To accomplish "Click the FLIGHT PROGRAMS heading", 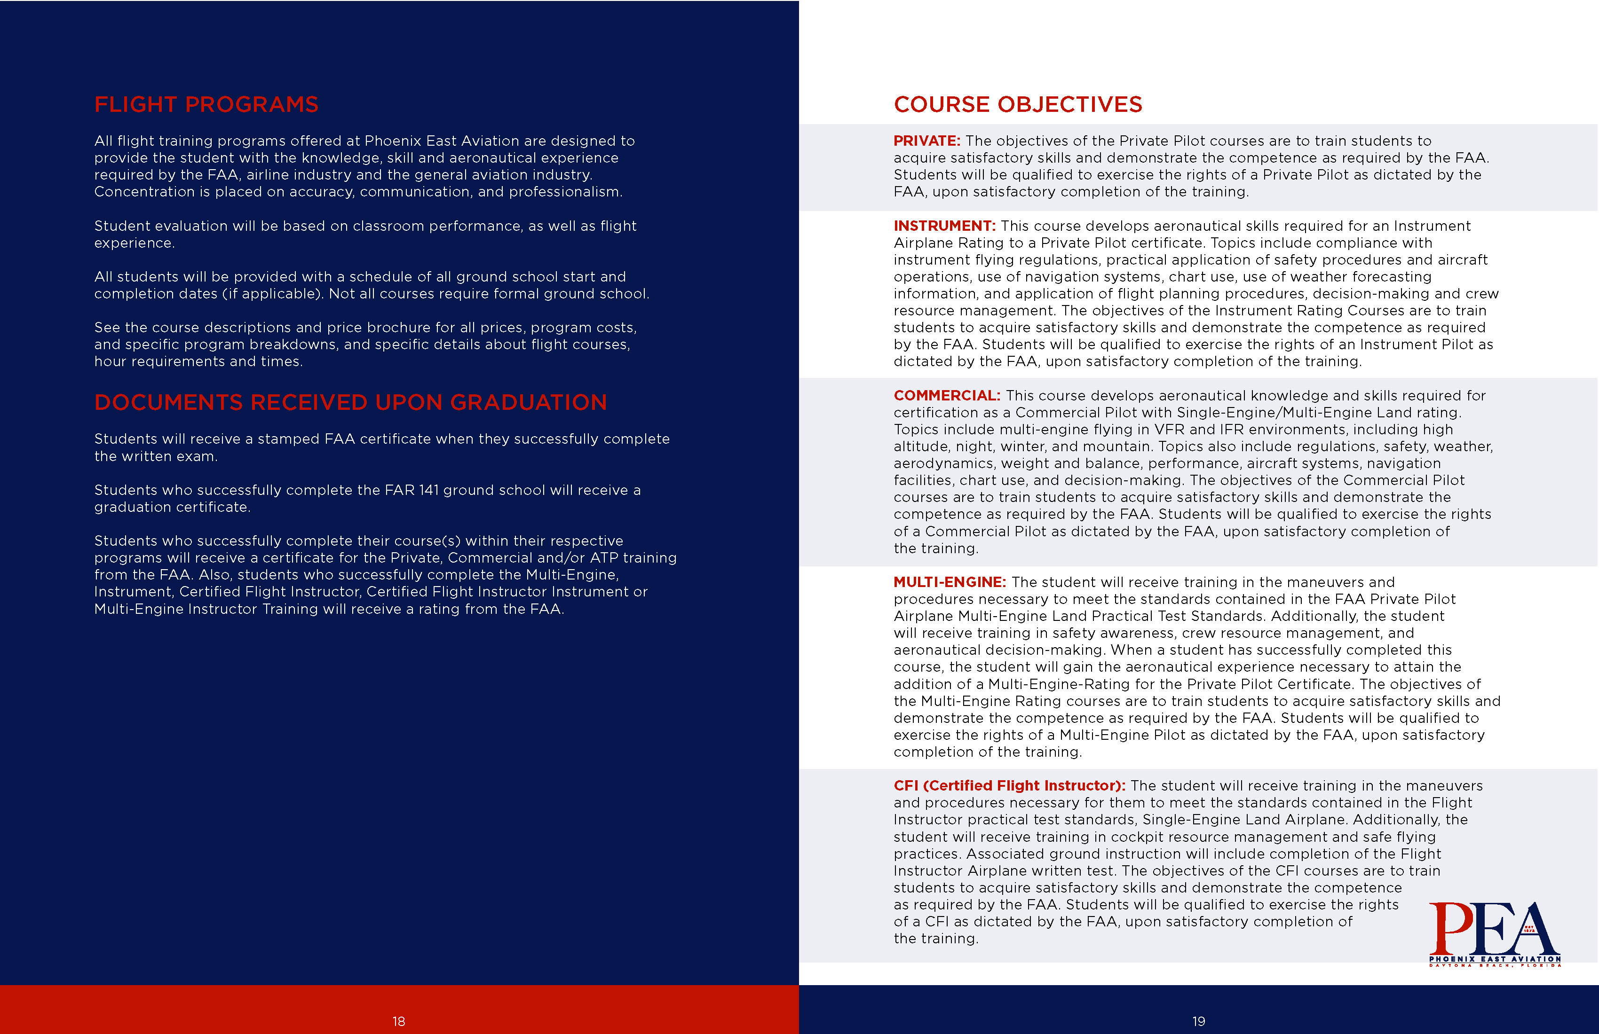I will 206,105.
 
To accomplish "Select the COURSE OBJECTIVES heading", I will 1017,105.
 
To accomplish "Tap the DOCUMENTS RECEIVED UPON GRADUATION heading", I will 350,402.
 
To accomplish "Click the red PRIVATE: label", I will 926,141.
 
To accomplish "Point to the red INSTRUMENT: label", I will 944,226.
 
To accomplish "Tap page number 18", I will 398,1021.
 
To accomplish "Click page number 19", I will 1199,1021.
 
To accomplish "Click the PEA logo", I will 1494,933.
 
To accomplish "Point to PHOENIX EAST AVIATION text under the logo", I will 1494,959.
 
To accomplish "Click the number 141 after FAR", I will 428,490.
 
